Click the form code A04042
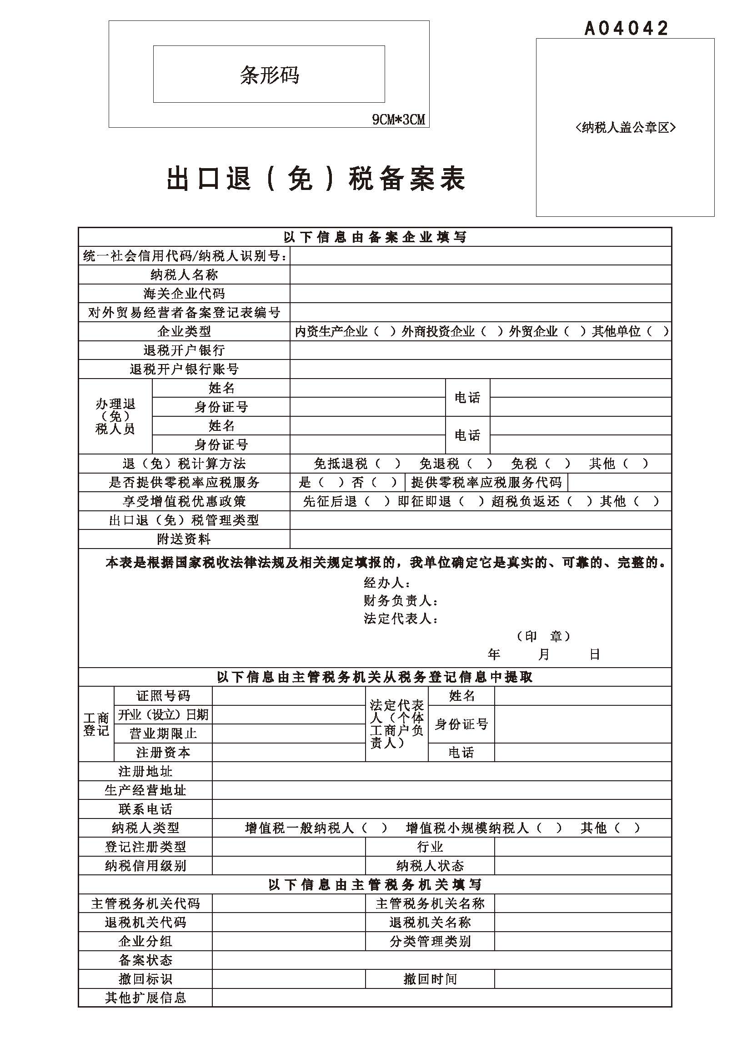[626, 29]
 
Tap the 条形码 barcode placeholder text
[269, 75]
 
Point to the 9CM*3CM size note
[398, 120]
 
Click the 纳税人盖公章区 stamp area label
[625, 127]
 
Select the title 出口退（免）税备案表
[316, 179]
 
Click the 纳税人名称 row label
[184, 274]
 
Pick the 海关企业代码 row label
[184, 294]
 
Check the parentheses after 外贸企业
[575, 331]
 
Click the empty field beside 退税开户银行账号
[480, 369]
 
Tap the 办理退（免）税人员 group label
[115, 416]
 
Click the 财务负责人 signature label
[401, 601]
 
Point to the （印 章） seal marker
[544, 636]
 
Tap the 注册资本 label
[163, 752]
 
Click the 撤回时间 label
[430, 979]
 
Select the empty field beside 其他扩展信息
[441, 998]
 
